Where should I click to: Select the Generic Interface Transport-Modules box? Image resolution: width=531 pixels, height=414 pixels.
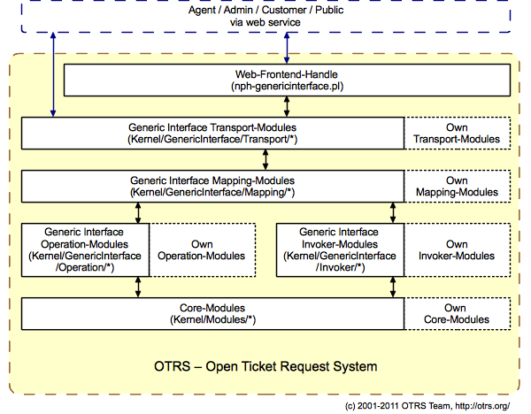(212, 133)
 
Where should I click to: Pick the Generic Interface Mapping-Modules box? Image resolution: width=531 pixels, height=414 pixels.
(212, 186)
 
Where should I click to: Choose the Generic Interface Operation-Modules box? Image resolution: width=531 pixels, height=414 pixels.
(85, 249)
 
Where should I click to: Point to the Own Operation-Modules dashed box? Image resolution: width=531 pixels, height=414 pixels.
(202, 249)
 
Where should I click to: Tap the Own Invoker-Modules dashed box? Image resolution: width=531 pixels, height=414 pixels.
(457, 249)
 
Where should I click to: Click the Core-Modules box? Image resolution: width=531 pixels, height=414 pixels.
(212, 313)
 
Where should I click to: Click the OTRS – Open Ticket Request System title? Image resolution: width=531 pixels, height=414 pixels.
(265, 365)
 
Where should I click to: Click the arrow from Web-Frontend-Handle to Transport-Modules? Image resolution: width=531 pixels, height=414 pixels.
(287, 106)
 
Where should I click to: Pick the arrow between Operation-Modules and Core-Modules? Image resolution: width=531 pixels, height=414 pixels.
(138, 287)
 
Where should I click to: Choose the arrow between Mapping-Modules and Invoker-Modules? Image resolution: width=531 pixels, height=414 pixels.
(392, 212)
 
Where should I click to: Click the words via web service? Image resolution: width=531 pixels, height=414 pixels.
(265, 22)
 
